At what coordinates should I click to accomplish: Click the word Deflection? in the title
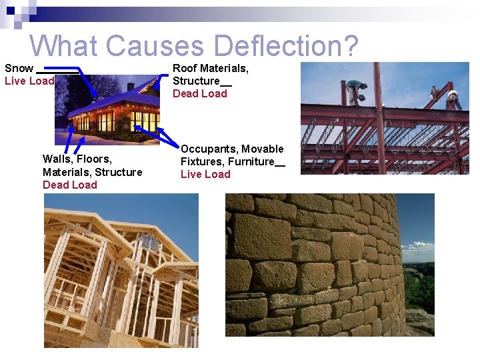point(287,46)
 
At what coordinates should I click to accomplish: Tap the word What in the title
point(65,46)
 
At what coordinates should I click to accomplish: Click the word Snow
point(19,68)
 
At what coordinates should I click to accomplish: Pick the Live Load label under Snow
point(29,81)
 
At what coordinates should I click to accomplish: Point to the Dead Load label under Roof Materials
point(200,93)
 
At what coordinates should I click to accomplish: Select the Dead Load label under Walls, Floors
point(70,185)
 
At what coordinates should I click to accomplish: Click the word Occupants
point(209,149)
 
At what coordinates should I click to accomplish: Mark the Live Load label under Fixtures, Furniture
point(205,174)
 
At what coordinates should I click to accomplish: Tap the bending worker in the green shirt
point(355,90)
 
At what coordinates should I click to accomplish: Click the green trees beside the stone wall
point(420,287)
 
